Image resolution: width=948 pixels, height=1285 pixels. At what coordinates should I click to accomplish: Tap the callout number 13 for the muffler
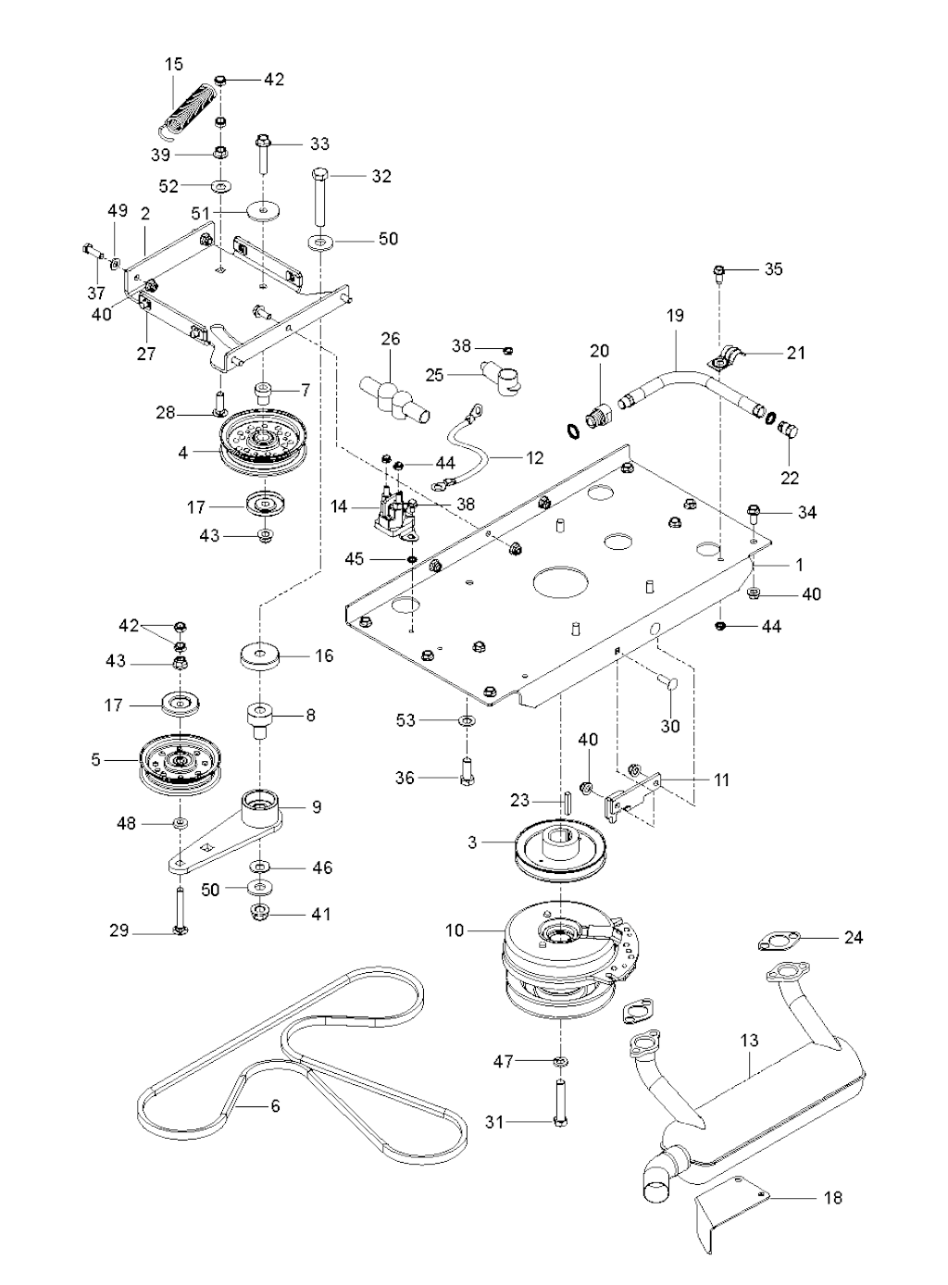[x=749, y=1041]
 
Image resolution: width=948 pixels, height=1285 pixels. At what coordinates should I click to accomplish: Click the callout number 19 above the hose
[x=675, y=316]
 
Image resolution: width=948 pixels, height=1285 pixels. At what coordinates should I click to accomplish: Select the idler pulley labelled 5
[x=177, y=760]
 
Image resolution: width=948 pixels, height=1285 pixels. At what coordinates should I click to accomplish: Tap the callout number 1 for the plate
[x=800, y=565]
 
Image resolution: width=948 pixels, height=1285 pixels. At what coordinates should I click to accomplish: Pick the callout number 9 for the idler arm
[x=317, y=807]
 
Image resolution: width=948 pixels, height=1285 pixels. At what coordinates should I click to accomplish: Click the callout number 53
[x=405, y=720]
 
